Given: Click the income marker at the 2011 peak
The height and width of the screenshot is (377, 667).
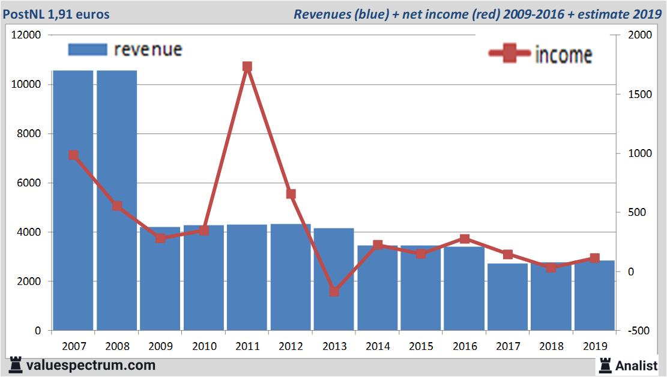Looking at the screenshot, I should click(x=247, y=67).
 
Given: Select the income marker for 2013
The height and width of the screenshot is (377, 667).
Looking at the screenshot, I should click(x=334, y=292).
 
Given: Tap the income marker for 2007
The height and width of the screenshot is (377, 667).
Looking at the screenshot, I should click(x=73, y=155).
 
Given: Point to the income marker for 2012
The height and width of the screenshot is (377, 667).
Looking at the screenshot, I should click(x=291, y=194).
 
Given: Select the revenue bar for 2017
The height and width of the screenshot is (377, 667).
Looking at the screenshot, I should click(x=508, y=297).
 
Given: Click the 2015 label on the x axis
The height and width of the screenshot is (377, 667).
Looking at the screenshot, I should click(x=421, y=346).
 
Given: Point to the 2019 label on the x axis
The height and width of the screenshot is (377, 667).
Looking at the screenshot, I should click(x=595, y=346).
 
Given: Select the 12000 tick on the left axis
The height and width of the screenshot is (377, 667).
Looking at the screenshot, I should click(x=26, y=35).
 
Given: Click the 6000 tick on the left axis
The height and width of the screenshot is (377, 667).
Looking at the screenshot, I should click(x=29, y=183).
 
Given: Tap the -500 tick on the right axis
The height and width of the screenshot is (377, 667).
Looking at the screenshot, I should click(x=638, y=331).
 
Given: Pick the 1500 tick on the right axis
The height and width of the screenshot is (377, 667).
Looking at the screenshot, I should click(x=638, y=94).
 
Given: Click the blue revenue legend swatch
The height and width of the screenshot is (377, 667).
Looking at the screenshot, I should click(x=88, y=49).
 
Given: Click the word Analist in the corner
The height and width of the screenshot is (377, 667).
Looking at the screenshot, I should click(x=637, y=365).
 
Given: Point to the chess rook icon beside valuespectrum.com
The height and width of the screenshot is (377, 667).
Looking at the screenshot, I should click(x=16, y=364).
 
